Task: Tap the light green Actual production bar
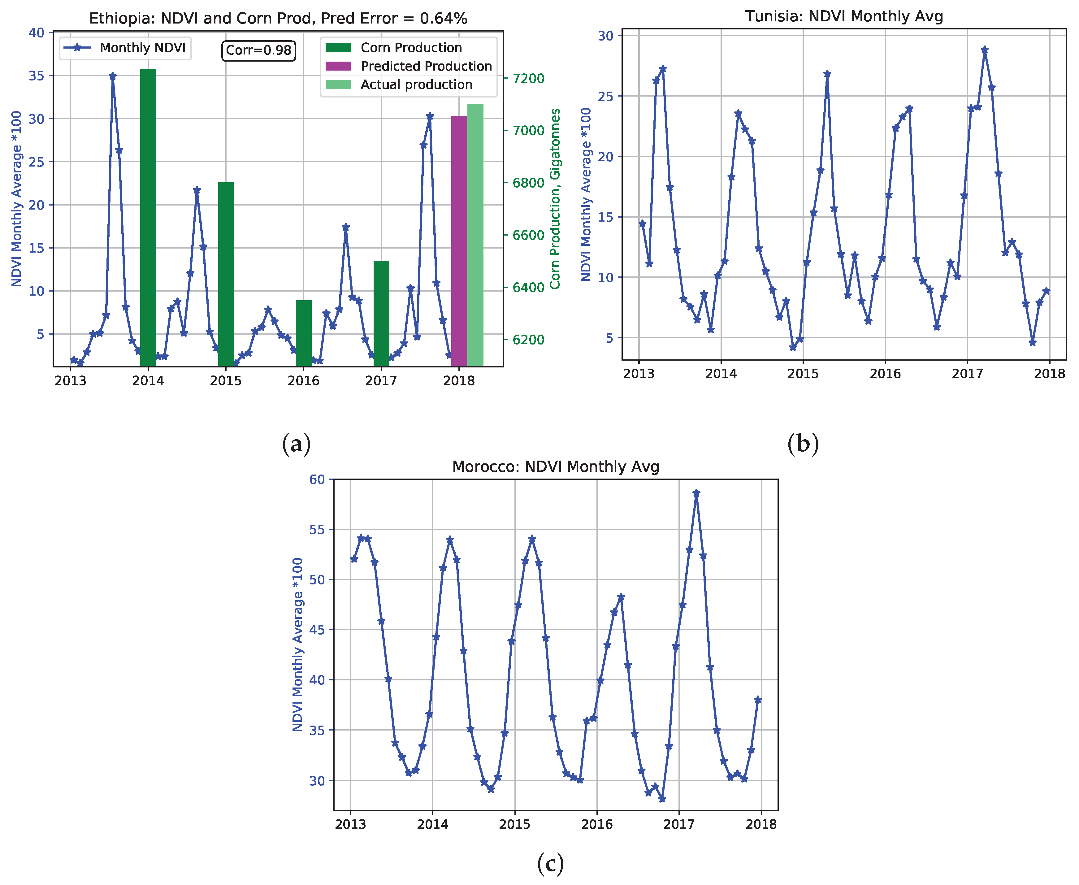click(475, 235)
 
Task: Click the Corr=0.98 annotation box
click(258, 50)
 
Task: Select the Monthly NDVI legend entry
click(125, 48)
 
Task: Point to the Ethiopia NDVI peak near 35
click(113, 76)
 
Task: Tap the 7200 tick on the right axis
click(528, 79)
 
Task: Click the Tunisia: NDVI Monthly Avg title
click(843, 16)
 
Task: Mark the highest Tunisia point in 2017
click(985, 50)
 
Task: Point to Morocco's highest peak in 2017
click(696, 493)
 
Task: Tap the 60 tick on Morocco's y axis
click(317, 480)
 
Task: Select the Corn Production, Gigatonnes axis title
click(555, 199)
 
